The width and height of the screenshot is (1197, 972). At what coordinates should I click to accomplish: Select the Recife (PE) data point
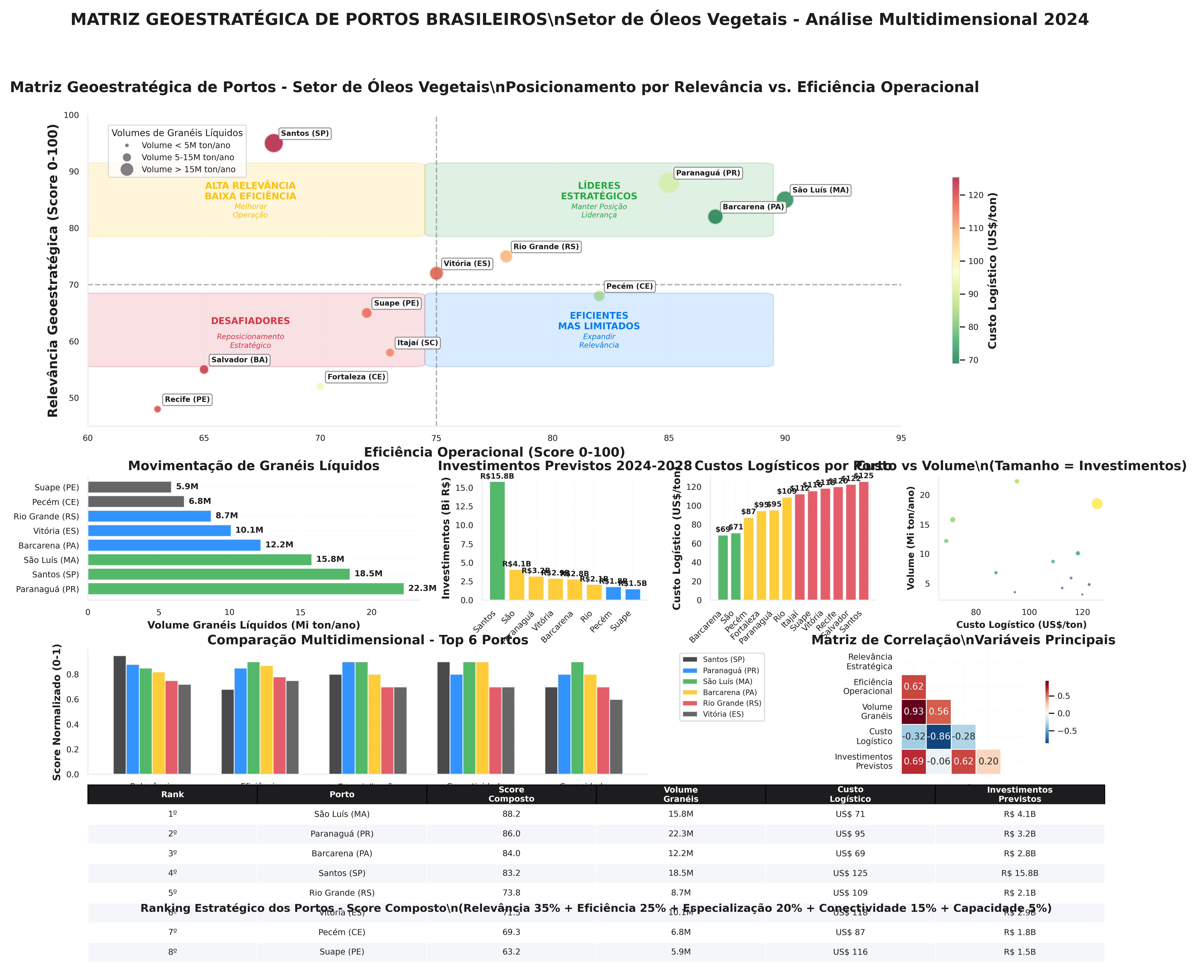pyautogui.click(x=157, y=409)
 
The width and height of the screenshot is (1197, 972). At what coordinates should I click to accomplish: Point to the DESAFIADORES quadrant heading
pyautogui.click(x=250, y=321)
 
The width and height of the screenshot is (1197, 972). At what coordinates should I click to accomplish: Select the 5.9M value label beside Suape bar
pyautogui.click(x=187, y=487)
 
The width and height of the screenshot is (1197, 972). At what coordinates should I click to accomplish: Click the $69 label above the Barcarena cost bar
pyautogui.click(x=722, y=529)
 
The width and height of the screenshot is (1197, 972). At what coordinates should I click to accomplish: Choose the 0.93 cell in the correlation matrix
pyautogui.click(x=913, y=712)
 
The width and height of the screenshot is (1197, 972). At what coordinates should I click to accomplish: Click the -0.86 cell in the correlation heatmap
pyautogui.click(x=939, y=736)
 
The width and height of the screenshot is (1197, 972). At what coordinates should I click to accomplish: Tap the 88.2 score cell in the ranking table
pyautogui.click(x=511, y=814)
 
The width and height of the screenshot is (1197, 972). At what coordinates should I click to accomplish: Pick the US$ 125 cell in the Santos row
pyautogui.click(x=850, y=873)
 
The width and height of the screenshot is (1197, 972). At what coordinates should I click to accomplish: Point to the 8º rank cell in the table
pyautogui.click(x=172, y=952)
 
